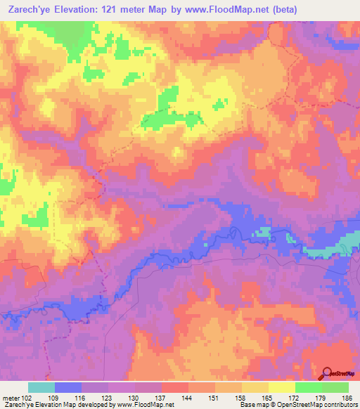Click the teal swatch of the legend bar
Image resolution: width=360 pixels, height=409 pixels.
pyautogui.click(x=41, y=387)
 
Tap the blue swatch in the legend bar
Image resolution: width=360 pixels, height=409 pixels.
pyautogui.click(x=67, y=387)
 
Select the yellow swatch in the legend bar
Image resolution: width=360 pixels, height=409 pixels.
pyautogui.click(x=281, y=387)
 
